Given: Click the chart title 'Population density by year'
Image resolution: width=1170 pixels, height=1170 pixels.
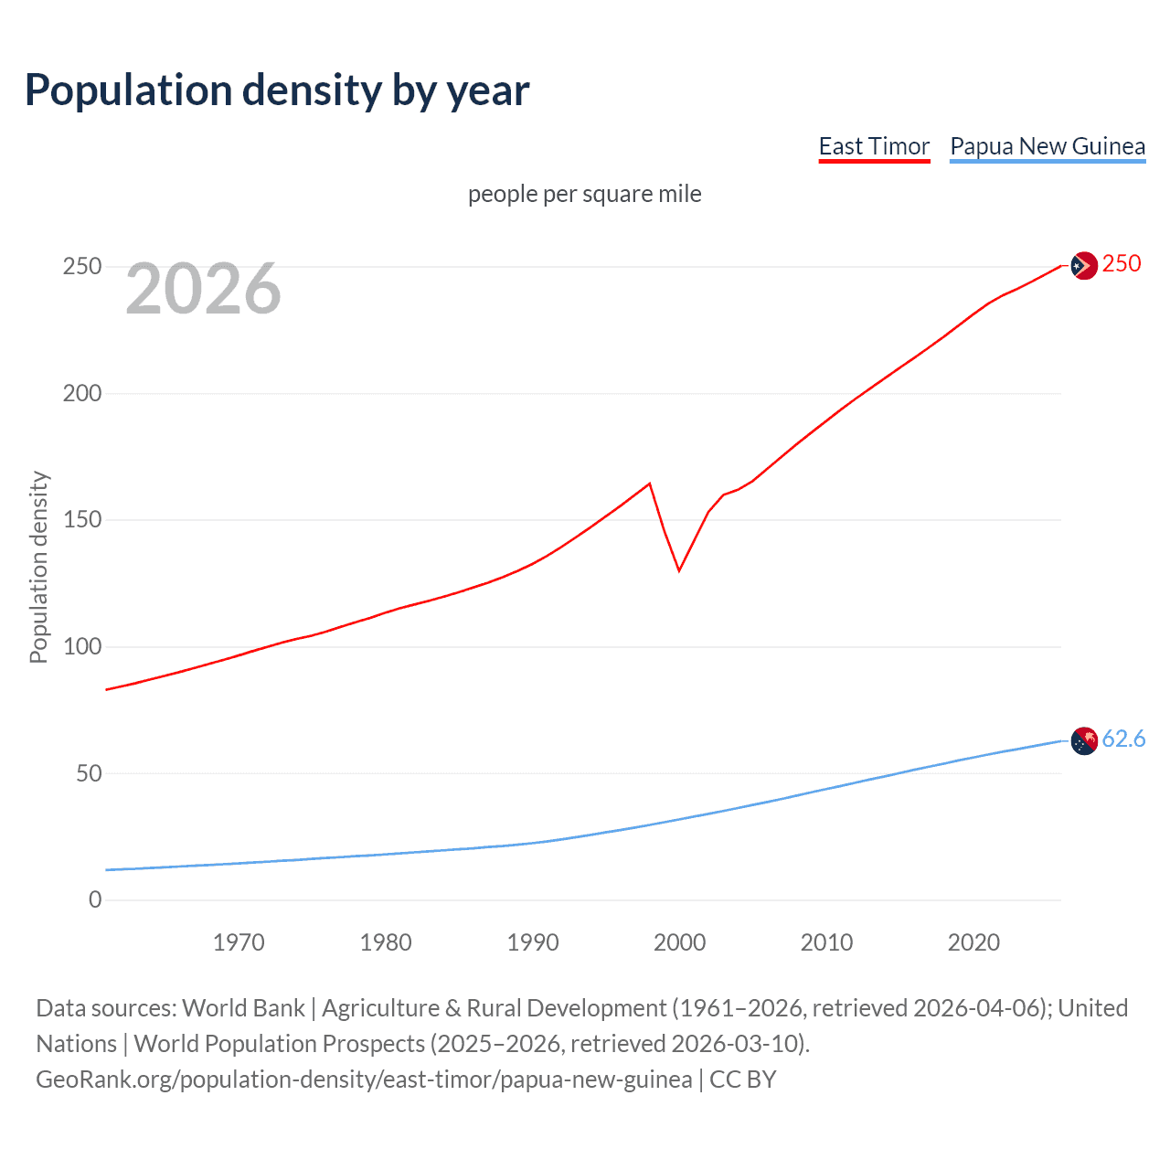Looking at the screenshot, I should [x=277, y=90].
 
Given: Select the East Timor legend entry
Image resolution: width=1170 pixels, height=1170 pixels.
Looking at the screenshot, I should [x=874, y=146].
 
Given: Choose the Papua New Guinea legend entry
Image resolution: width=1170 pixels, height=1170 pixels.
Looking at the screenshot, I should [x=1048, y=146].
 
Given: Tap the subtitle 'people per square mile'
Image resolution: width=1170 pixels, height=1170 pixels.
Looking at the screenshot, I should [x=585, y=194].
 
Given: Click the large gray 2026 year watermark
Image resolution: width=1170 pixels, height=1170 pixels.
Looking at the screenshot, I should [x=203, y=289].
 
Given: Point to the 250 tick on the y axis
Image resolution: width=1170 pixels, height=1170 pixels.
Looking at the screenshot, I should [x=82, y=267].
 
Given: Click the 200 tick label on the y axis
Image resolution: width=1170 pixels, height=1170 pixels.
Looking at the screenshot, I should [x=82, y=393].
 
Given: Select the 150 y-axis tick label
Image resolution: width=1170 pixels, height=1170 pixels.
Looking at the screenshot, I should [x=82, y=520].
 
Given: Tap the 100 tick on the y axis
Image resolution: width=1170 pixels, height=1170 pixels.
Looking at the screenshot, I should [x=82, y=647].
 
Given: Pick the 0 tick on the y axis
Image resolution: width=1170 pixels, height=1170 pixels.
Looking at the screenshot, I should [x=95, y=900].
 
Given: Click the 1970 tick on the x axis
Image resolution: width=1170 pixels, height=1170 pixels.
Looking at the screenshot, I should [x=239, y=942].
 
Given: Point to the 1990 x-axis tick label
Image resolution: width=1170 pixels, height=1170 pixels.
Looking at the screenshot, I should [x=533, y=942].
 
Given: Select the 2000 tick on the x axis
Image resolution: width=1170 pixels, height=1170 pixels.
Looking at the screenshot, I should [x=679, y=942].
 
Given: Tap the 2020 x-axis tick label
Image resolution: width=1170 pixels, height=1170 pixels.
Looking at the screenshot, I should [x=973, y=942].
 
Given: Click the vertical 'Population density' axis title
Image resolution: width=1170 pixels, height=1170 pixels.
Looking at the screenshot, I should [x=38, y=567].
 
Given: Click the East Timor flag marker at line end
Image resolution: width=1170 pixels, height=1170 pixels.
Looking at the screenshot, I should [x=1083, y=266].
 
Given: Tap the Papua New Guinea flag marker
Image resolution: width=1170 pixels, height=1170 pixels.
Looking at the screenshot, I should [x=1083, y=740].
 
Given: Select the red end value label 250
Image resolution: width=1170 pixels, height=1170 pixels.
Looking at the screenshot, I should [x=1122, y=264].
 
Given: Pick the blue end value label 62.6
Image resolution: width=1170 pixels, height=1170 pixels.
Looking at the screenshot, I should [x=1123, y=739].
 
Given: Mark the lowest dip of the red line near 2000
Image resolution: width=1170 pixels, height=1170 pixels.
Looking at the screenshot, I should [x=679, y=570].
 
